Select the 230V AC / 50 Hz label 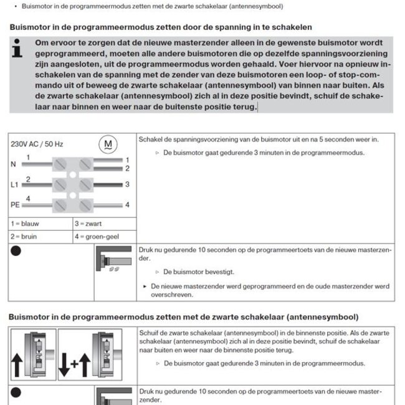[37, 144]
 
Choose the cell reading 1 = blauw [27, 224]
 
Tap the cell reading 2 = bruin [26, 237]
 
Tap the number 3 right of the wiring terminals [127, 184]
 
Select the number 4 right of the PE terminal [127, 204]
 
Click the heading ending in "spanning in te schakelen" [161, 28]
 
